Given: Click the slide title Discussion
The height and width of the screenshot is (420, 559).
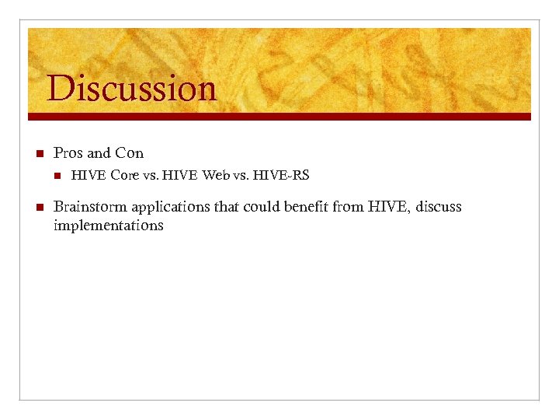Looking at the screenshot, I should (131, 88).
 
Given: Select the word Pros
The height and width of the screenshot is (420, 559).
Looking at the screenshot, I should (68, 152).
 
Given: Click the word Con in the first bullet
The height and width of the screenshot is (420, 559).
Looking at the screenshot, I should (129, 152).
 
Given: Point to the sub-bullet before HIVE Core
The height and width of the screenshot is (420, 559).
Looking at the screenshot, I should (56, 176).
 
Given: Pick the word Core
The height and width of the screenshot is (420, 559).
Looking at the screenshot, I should (124, 176).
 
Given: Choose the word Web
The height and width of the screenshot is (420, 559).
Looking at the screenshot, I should (216, 176).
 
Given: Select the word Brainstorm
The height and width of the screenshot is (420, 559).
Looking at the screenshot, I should (90, 207).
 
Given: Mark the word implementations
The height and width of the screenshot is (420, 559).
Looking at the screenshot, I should (109, 226).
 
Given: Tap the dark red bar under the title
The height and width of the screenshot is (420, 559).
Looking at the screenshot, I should (279, 116).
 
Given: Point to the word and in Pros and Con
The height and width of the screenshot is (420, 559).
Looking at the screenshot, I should (99, 152).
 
